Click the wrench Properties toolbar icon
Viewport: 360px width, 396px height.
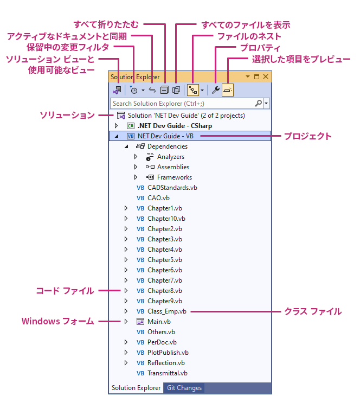[x=215, y=90]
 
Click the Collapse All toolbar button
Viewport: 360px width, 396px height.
[x=164, y=90]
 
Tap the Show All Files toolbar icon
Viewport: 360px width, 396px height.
[x=176, y=90]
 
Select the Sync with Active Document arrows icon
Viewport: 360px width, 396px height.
[x=152, y=90]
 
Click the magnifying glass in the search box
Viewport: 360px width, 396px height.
[x=258, y=103]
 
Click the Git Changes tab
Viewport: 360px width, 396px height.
[x=184, y=388]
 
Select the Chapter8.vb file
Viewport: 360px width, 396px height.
[x=165, y=291]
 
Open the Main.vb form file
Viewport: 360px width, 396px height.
[x=159, y=322]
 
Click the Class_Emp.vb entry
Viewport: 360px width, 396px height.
[x=167, y=311]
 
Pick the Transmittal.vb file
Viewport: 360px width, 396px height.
[x=168, y=373]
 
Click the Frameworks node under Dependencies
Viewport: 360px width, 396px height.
[x=175, y=177]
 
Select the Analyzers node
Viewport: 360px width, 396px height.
[x=171, y=157]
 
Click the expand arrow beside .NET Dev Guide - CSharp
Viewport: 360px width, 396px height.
[x=116, y=125]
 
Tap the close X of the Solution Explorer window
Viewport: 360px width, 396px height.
[x=266, y=76]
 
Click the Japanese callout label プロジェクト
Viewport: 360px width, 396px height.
[x=308, y=136]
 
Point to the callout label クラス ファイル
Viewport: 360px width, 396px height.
[x=313, y=311]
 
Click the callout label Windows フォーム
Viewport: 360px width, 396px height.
[x=58, y=321]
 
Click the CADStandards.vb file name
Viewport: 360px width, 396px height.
[x=172, y=188]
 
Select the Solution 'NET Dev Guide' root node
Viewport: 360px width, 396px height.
[x=187, y=116]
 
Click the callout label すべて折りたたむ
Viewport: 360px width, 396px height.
[x=106, y=24]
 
